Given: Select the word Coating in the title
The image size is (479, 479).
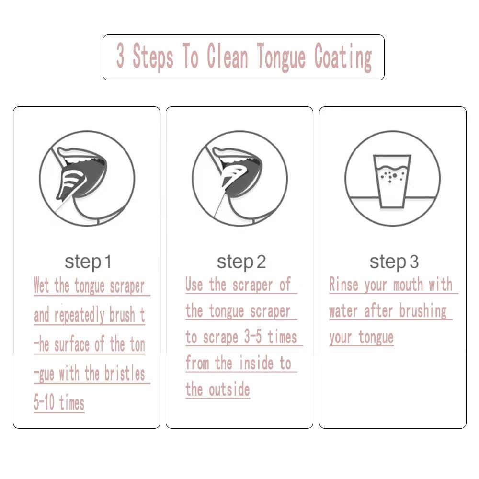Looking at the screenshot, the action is click(x=343, y=58).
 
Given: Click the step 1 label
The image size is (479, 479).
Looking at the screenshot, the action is click(x=88, y=262).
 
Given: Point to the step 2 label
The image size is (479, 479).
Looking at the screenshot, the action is click(x=241, y=262).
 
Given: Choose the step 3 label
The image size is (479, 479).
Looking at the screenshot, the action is click(x=394, y=262).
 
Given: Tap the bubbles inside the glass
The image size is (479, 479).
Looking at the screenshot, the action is click(x=392, y=176).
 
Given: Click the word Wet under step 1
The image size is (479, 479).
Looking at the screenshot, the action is click(x=41, y=285).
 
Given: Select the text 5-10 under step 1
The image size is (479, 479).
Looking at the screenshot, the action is click(x=44, y=402).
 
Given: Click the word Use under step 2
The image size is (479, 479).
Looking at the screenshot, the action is click(x=194, y=284).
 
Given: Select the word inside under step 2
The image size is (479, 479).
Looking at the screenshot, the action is click(x=256, y=363).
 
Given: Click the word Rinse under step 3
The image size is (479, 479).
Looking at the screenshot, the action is click(x=343, y=284).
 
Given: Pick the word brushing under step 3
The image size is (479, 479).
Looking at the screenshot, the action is click(x=423, y=312).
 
